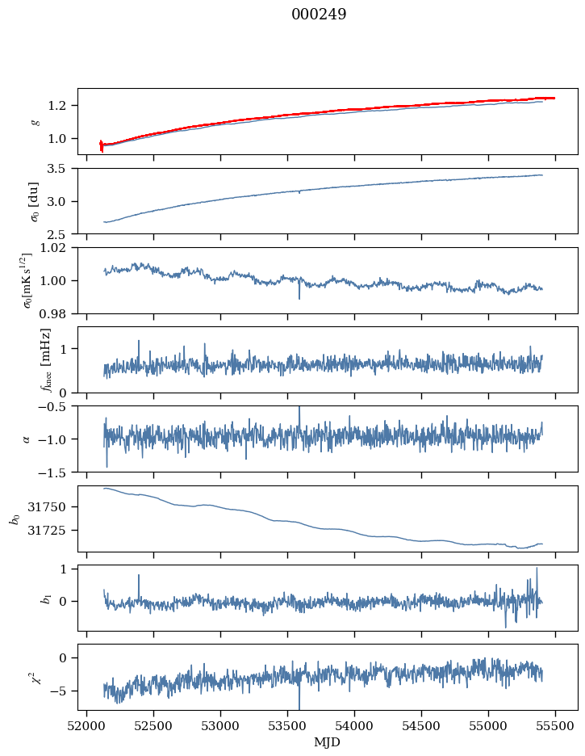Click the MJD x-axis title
(327, 742)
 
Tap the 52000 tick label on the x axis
(87, 727)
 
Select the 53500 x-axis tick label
(288, 727)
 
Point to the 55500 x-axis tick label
(556, 727)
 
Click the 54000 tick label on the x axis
(355, 727)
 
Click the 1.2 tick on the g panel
(63, 106)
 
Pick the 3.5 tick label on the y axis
(63, 169)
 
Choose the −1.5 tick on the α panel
(56, 472)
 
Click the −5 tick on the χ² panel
(63, 691)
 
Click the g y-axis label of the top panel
(34, 121)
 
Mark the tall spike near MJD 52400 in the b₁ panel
(139, 576)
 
